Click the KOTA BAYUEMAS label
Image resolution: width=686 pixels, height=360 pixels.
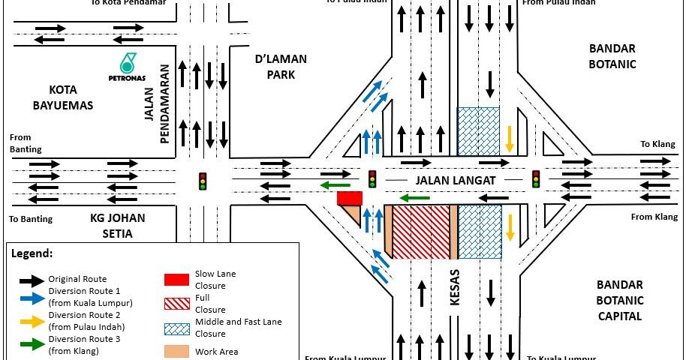click(x=63, y=97)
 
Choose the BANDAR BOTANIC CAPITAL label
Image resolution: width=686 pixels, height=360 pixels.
click(x=618, y=300)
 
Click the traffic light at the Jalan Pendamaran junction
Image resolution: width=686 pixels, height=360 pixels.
click(x=202, y=180)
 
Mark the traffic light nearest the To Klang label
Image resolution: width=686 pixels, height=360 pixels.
click(x=536, y=178)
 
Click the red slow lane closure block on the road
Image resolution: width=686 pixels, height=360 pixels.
click(x=350, y=198)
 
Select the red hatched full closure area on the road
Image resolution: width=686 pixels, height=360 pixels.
click(x=420, y=232)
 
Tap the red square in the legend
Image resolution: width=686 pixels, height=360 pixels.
click(x=176, y=279)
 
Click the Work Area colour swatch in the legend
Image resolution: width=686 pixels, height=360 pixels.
click(x=176, y=351)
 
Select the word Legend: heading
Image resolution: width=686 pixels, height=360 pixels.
click(x=32, y=253)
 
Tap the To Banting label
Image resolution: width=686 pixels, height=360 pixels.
click(x=30, y=220)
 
